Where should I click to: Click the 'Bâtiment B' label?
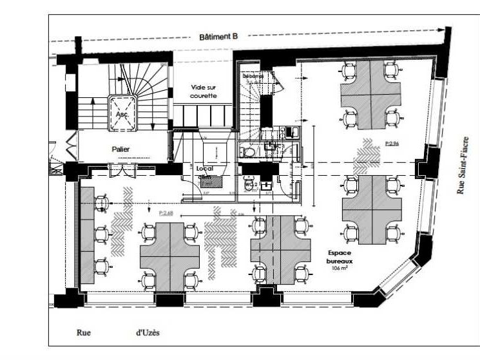pos(218,37)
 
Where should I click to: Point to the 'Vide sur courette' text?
pos(204,91)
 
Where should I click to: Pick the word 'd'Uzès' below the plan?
pos(148,333)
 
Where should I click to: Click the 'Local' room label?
pos(205,169)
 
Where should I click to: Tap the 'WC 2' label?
pos(252,185)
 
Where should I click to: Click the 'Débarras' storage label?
pos(253,77)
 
